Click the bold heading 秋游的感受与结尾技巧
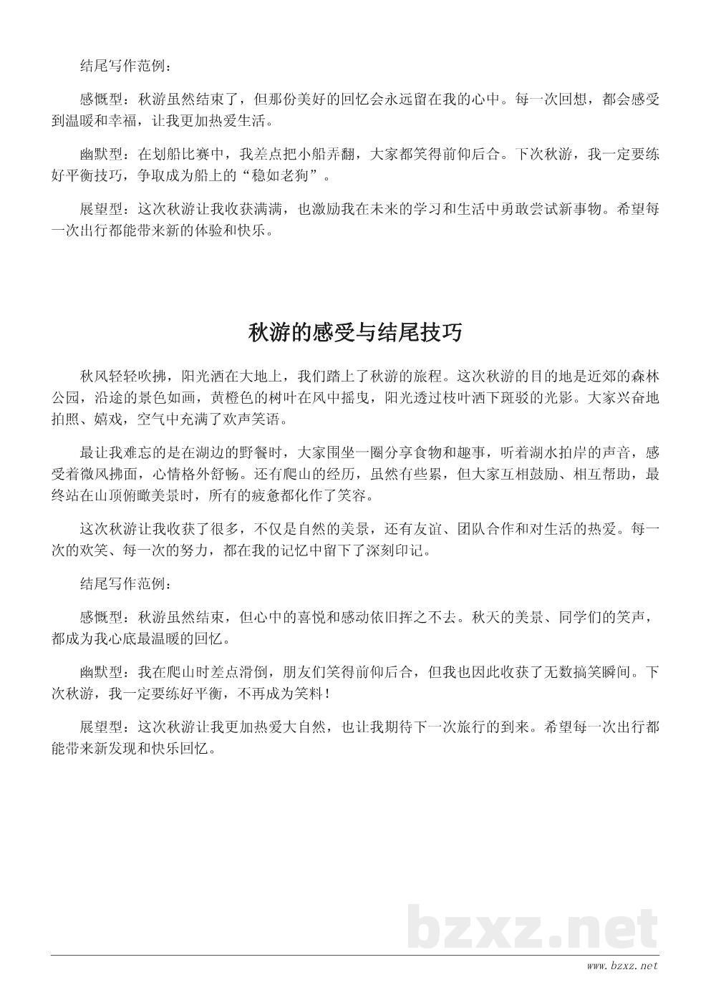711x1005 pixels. point(355,334)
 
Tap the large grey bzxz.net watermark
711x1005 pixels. point(533,929)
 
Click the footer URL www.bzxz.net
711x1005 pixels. point(621,966)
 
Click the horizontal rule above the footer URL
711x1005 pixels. point(355,955)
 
